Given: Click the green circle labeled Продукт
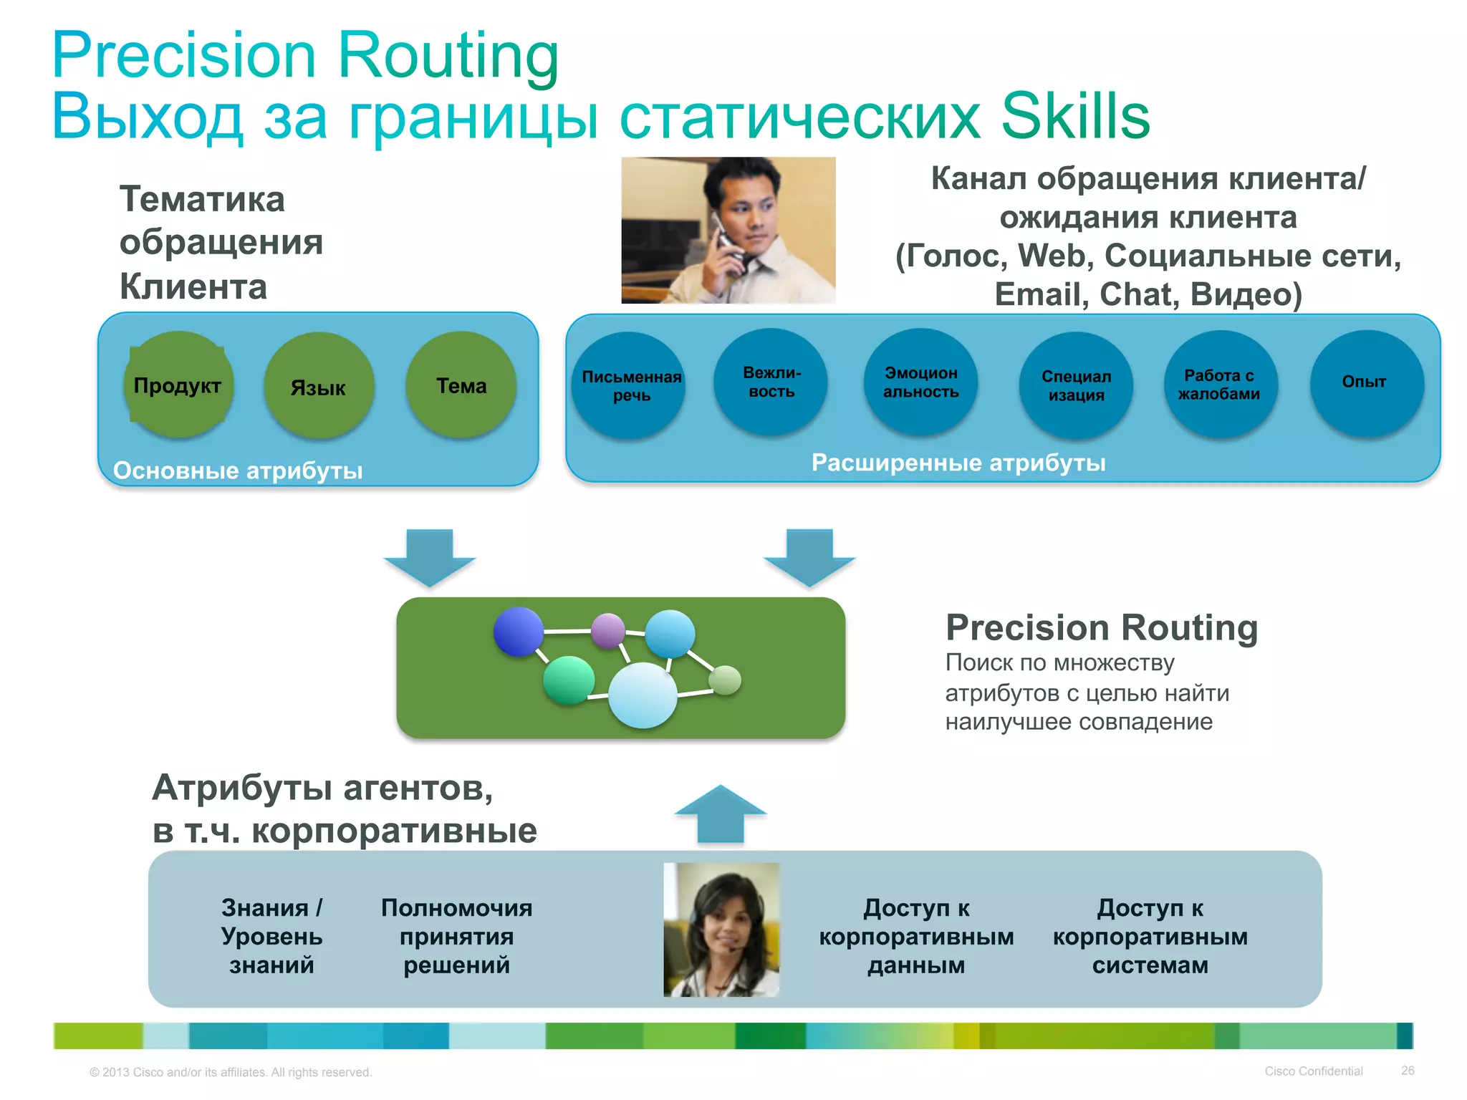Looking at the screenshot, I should click(178, 385).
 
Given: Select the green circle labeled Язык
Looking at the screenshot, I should click(319, 386).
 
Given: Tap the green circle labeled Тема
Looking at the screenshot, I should click(461, 385).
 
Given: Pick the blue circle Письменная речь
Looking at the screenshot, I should click(629, 385).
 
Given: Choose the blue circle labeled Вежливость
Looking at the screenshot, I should click(771, 382).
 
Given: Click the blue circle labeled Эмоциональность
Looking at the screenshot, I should click(920, 382).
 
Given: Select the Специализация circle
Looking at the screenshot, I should click(1076, 385).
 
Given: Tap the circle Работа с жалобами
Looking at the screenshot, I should click(1220, 384).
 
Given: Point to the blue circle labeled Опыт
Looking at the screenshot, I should click(1365, 382).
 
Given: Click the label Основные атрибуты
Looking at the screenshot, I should click(238, 471).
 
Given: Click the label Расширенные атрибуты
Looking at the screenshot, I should click(958, 463).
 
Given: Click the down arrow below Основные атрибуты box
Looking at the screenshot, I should click(430, 558).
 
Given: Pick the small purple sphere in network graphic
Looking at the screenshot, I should click(608, 630).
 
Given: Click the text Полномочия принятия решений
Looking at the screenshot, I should click(456, 936).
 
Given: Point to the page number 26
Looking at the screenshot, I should click(1407, 1071).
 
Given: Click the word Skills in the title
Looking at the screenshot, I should click(1074, 116).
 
